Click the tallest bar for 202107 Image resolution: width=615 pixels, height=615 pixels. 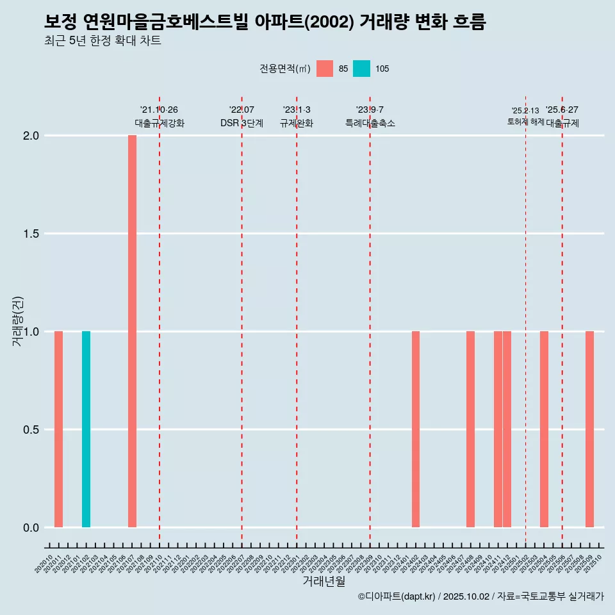[x=132, y=331]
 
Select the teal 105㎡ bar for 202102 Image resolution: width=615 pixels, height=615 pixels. [x=86, y=429]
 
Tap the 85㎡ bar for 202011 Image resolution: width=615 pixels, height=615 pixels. [x=58, y=429]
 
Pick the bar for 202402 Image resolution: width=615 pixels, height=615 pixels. [x=416, y=429]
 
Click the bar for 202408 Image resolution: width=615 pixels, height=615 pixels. [x=470, y=429]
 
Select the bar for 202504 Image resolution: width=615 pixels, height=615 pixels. [x=544, y=429]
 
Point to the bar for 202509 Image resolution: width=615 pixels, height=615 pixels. [x=589, y=429]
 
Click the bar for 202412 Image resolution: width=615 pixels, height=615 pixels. [x=507, y=429]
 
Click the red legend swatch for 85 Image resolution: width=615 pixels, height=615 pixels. [x=325, y=69]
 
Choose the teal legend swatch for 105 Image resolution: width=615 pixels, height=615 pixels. [x=361, y=69]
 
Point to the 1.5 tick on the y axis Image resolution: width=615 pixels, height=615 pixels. [x=30, y=234]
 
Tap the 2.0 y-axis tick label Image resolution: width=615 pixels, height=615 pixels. [x=30, y=136]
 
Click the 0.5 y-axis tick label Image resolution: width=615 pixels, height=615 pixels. [x=30, y=430]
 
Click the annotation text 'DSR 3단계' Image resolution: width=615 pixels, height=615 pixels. [x=242, y=124]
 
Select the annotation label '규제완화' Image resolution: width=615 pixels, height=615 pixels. [x=297, y=124]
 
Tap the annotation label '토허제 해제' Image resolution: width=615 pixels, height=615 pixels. [x=525, y=122]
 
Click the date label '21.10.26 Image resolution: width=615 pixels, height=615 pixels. [x=159, y=110]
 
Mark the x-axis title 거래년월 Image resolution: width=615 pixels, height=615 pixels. [x=324, y=581]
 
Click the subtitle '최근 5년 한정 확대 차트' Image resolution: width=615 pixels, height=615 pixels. [x=102, y=41]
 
